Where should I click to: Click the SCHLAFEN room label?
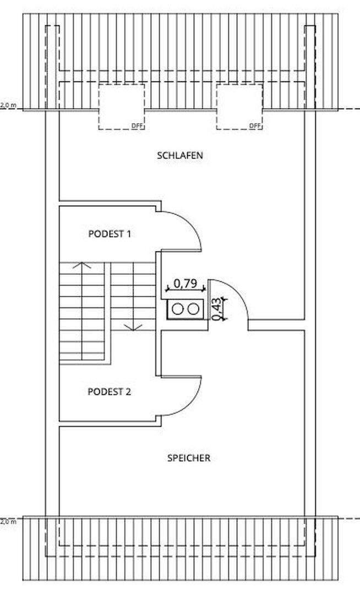point(180,155)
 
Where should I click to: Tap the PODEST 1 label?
point(110,234)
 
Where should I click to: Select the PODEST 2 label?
point(109,392)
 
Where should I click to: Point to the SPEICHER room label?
point(189,458)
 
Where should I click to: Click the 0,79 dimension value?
point(186,283)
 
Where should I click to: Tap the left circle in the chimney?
point(177,309)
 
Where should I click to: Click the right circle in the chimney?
point(194,309)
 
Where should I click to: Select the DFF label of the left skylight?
point(138,126)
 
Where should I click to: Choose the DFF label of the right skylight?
point(255,126)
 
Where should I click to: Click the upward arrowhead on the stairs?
point(82,265)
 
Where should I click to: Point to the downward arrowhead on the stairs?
point(133,327)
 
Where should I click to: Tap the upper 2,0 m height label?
point(8,105)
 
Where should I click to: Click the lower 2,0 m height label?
point(8,521)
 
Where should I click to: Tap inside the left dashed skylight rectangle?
point(121,107)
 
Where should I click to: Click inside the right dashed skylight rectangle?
point(239,107)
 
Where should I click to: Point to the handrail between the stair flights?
point(107,312)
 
